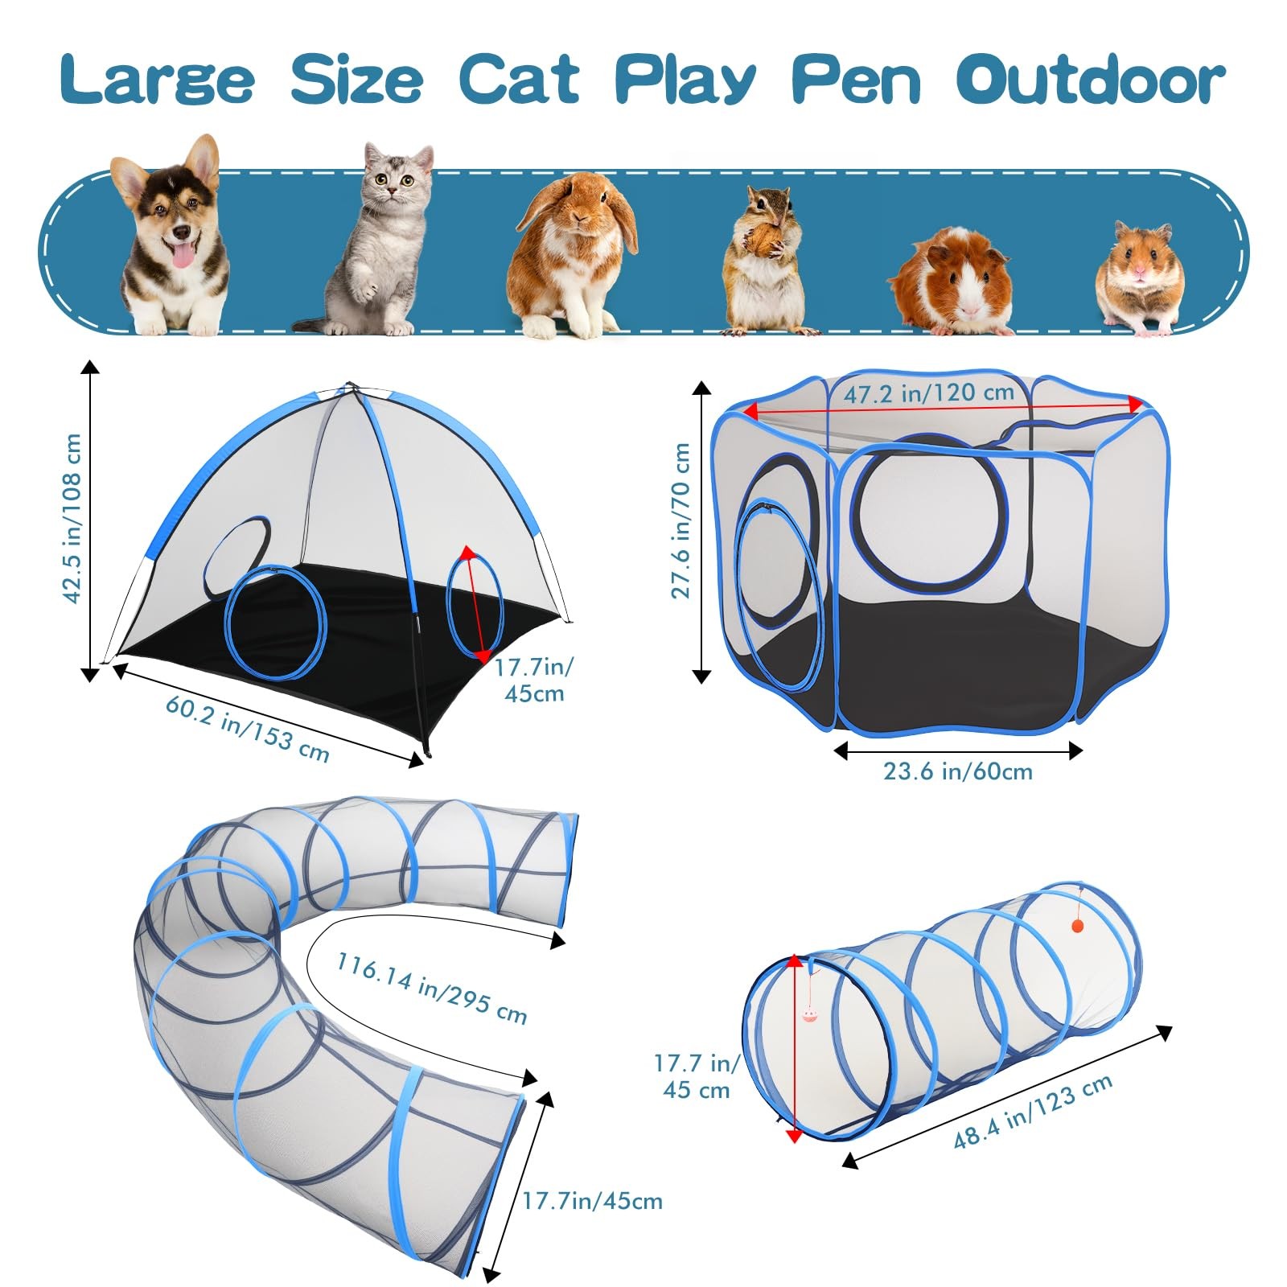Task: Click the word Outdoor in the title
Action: pos(1091,80)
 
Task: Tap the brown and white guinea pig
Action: pos(953,282)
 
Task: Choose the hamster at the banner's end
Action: pos(1141,277)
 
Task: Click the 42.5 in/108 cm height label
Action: pos(72,518)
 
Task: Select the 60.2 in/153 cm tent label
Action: pos(248,729)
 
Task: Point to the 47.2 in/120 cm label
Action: pos(928,393)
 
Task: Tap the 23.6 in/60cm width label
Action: pos(957,771)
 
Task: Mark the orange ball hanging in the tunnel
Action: pos(1078,926)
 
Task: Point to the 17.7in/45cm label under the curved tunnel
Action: pos(592,1201)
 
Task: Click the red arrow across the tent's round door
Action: pos(475,604)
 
